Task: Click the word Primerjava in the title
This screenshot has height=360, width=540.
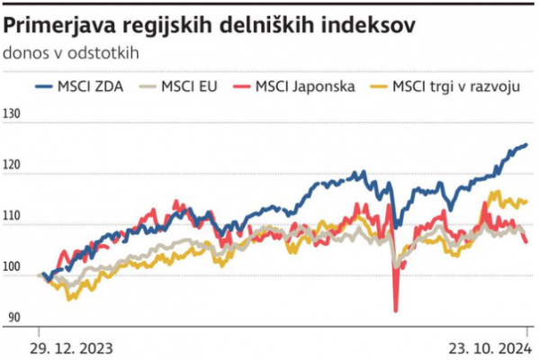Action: pos(57,26)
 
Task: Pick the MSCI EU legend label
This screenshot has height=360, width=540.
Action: pos(190,86)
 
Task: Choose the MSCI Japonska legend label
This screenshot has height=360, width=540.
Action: pos(305,86)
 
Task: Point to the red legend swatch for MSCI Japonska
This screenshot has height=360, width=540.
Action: pos(240,86)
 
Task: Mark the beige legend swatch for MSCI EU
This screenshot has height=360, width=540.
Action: pos(147,86)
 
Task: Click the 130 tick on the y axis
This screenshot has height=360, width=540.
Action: pos(13,115)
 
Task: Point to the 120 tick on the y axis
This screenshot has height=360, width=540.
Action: pos(13,166)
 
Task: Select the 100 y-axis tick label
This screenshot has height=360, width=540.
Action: pos(13,267)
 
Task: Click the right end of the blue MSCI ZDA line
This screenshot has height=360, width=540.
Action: pos(526,144)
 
